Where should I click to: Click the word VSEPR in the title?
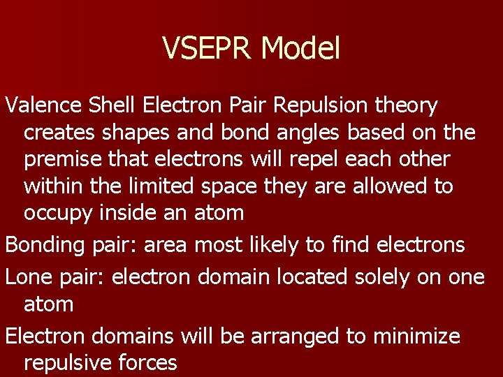point(207,48)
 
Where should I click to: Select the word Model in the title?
point(300,48)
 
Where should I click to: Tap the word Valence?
point(44,105)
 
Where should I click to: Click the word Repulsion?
point(321,105)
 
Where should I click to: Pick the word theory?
point(407,105)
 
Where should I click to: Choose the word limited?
point(163,186)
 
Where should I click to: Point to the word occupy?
point(57,213)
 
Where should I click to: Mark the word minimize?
point(417,337)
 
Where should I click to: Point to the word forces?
point(148,363)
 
